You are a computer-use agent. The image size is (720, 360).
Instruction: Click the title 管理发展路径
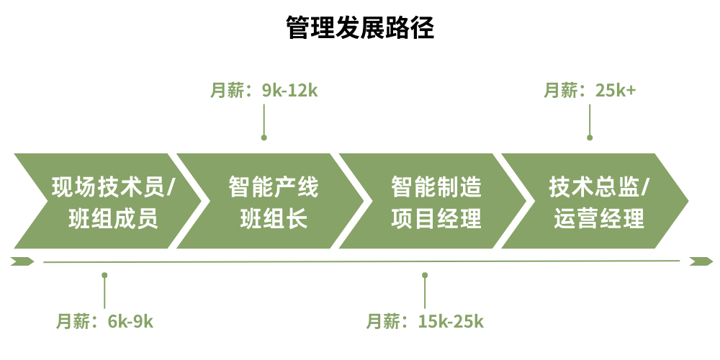[x=360, y=28]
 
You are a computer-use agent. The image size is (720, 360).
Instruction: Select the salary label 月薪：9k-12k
[x=264, y=91]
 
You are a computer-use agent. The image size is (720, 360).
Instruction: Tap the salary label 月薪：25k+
[x=590, y=91]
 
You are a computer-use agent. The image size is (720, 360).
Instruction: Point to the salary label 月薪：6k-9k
[x=105, y=321]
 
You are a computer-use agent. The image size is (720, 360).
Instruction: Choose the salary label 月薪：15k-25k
[x=425, y=321]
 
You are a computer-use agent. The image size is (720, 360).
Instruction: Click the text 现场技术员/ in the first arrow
[x=114, y=188]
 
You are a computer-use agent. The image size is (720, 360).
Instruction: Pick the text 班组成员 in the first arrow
[x=114, y=218]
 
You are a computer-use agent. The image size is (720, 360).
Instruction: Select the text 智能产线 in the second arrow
[x=274, y=188]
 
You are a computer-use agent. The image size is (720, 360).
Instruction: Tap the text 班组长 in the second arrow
[x=274, y=218]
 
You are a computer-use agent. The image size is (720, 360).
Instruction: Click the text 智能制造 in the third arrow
[x=436, y=188]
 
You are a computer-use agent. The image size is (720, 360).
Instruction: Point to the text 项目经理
[x=436, y=218]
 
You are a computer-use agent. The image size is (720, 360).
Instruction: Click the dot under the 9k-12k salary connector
[x=264, y=137]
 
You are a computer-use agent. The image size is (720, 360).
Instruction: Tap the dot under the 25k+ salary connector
[x=590, y=137]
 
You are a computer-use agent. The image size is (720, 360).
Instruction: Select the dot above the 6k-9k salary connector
[x=105, y=275]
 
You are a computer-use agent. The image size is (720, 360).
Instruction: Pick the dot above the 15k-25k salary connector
[x=425, y=275]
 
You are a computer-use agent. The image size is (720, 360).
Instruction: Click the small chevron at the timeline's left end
[x=22, y=261]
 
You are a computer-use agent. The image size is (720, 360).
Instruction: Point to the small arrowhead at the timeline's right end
[x=700, y=261]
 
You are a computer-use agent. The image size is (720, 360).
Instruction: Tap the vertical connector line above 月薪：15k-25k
[x=425, y=292]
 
